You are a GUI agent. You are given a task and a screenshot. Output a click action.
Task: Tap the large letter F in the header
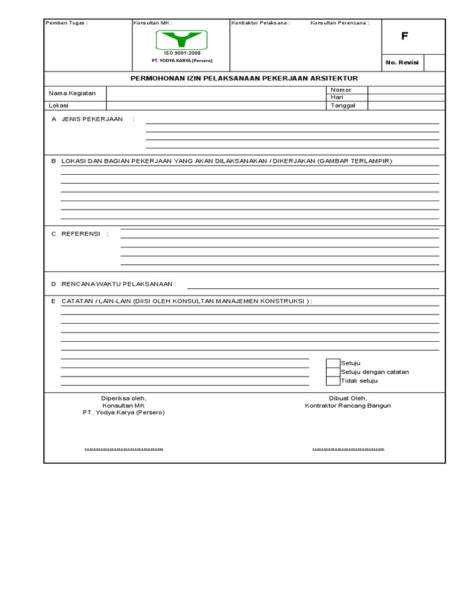(405, 36)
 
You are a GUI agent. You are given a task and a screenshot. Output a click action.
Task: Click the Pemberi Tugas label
(67, 23)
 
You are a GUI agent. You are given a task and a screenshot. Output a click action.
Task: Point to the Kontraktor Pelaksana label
(261, 23)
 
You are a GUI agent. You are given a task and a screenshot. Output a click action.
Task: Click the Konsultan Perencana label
(339, 23)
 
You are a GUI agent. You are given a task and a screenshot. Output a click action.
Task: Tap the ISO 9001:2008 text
(182, 53)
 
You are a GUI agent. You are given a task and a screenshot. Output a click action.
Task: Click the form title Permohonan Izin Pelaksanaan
(244, 79)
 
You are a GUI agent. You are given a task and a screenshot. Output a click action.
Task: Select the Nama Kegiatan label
(72, 93)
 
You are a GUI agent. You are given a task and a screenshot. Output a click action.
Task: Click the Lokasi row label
(59, 106)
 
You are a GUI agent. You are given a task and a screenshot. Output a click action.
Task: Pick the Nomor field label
(340, 90)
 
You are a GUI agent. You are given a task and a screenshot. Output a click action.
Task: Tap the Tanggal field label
(343, 105)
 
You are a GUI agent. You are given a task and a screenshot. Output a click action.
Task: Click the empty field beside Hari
(406, 97)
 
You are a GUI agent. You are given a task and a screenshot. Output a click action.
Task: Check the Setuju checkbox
(333, 363)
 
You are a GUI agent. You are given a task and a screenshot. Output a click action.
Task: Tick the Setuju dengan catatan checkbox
(333, 372)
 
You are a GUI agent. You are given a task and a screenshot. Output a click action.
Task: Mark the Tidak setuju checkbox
(333, 381)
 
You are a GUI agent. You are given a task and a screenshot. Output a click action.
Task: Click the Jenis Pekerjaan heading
(92, 119)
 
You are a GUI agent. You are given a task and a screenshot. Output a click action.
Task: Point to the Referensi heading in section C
(80, 234)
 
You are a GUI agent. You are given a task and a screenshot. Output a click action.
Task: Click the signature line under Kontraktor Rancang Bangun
(348, 449)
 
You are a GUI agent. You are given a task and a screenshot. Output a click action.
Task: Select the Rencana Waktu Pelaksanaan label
(118, 283)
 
